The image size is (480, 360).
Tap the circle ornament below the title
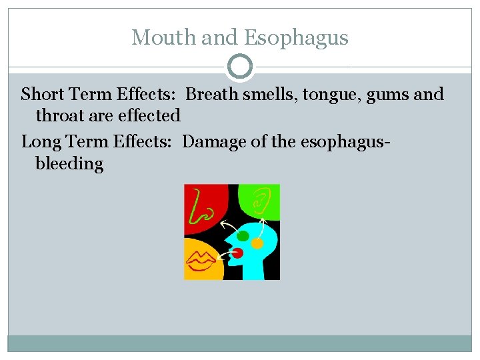click(x=240, y=67)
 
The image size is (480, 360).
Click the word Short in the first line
click(x=42, y=94)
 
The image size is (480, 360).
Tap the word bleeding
click(x=69, y=163)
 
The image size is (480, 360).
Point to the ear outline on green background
click(x=261, y=199)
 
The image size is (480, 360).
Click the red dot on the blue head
click(x=237, y=253)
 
